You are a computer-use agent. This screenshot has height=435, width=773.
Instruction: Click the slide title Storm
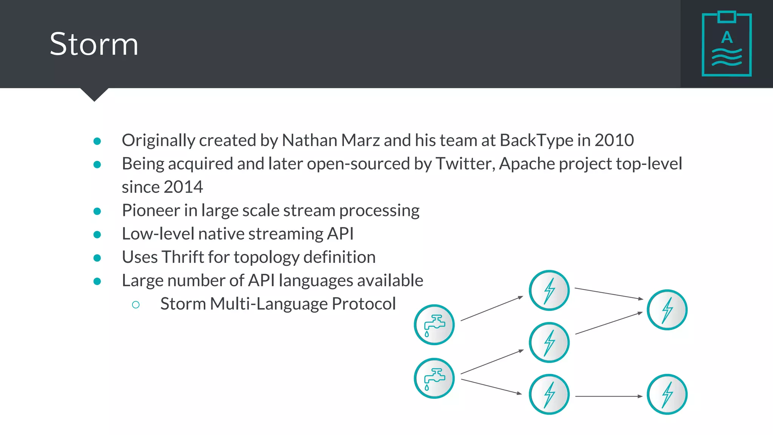pyautogui.click(x=94, y=44)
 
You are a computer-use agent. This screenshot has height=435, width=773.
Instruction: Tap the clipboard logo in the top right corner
pyautogui.click(x=727, y=44)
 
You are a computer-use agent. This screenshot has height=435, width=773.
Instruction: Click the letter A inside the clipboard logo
pyautogui.click(x=727, y=37)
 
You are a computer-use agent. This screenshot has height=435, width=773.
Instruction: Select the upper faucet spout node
pyautogui.click(x=434, y=325)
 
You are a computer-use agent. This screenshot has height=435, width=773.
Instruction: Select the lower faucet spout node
pyautogui.click(x=434, y=378)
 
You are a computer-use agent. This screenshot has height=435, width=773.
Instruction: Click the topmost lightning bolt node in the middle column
pyautogui.click(x=549, y=290)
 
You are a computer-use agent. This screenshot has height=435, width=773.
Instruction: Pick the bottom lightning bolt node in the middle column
pyautogui.click(x=549, y=394)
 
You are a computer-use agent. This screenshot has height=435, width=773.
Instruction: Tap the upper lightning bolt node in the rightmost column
pyautogui.click(x=667, y=310)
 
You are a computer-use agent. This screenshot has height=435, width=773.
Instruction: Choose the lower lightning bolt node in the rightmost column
pyautogui.click(x=667, y=394)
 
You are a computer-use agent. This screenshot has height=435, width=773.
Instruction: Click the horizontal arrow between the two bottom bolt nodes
pyautogui.click(x=608, y=396)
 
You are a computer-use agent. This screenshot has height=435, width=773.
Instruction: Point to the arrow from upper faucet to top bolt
pyautogui.click(x=492, y=309)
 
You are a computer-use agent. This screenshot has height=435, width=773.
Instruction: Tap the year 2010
pyautogui.click(x=614, y=140)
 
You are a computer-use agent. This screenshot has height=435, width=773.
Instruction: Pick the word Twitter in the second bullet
pyautogui.click(x=465, y=164)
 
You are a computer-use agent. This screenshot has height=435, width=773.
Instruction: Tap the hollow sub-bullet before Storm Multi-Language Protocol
pyautogui.click(x=136, y=304)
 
